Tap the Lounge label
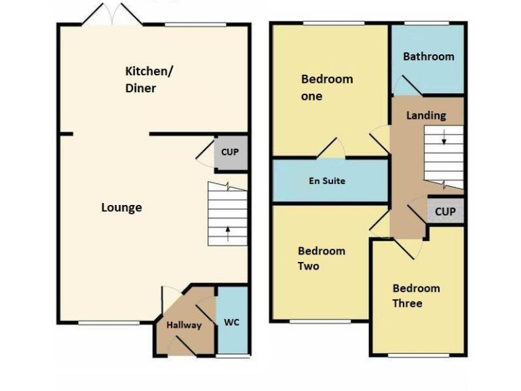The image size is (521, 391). click(121, 208)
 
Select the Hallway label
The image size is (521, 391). click(184, 325)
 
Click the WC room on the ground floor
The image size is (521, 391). click(231, 322)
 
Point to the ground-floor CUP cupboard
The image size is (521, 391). click(230, 152)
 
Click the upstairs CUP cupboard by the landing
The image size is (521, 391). click(445, 212)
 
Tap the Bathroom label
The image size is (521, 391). click(428, 56)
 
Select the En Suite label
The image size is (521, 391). click(327, 181)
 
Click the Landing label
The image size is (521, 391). click(426, 115)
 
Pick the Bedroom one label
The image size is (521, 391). click(326, 88)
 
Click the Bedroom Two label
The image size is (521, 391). click(322, 259)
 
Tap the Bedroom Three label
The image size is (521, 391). click(416, 295)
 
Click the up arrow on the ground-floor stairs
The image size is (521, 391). click(227, 234)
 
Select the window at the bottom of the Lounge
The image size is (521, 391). click(99, 322)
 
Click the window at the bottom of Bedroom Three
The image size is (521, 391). click(419, 355)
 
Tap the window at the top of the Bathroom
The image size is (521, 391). click(424, 24)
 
